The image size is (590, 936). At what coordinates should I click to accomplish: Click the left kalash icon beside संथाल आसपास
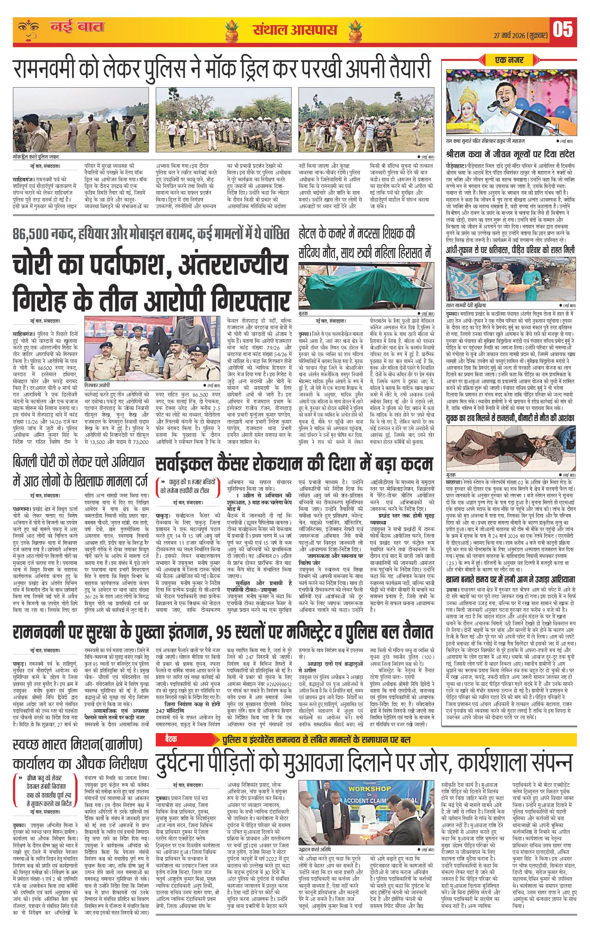pyautogui.click(x=234, y=30)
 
